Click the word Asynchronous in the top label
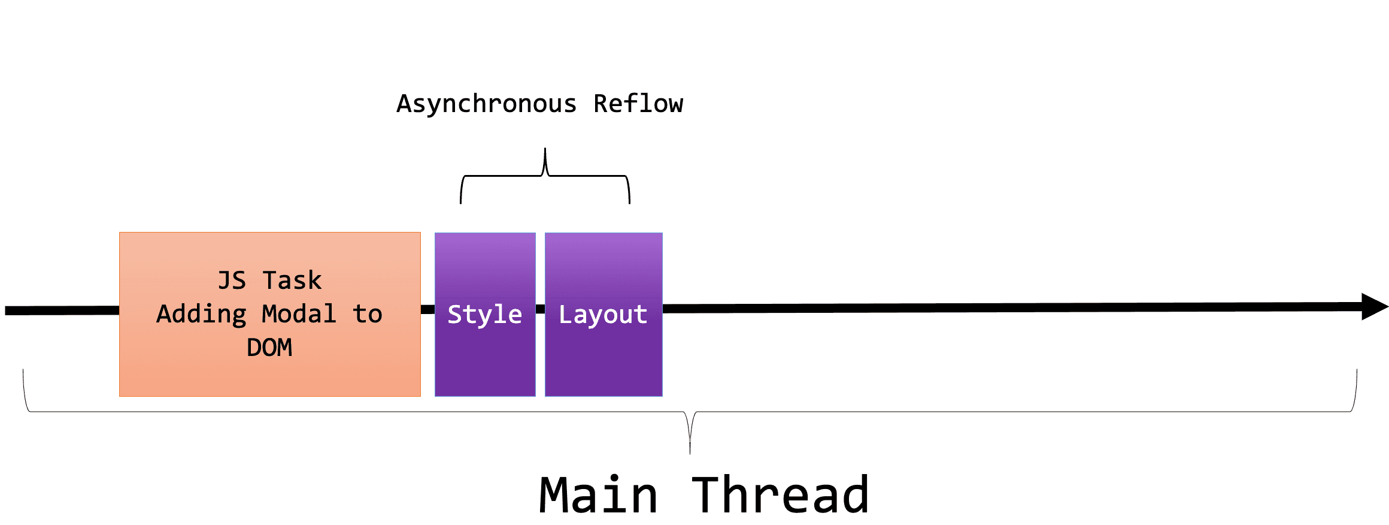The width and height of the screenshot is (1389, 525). point(486,104)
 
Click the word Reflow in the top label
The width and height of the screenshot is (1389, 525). point(638,104)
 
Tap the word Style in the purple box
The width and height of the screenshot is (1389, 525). point(484,315)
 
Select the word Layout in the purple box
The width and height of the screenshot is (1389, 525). point(603,315)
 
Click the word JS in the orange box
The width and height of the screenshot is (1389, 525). point(232,280)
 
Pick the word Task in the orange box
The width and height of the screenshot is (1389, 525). point(292,280)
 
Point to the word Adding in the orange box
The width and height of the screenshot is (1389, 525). point(201,314)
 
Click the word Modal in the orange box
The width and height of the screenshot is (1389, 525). point(299,314)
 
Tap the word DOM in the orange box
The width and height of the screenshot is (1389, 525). point(269,348)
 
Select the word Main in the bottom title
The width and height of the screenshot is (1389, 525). point(598,495)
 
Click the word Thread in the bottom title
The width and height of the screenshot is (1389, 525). point(780,495)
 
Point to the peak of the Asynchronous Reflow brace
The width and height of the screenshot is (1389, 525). point(545,150)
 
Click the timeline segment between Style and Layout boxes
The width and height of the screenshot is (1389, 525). point(540,309)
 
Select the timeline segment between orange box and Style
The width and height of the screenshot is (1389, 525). point(427,310)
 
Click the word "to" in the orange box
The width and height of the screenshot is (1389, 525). point(367,314)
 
